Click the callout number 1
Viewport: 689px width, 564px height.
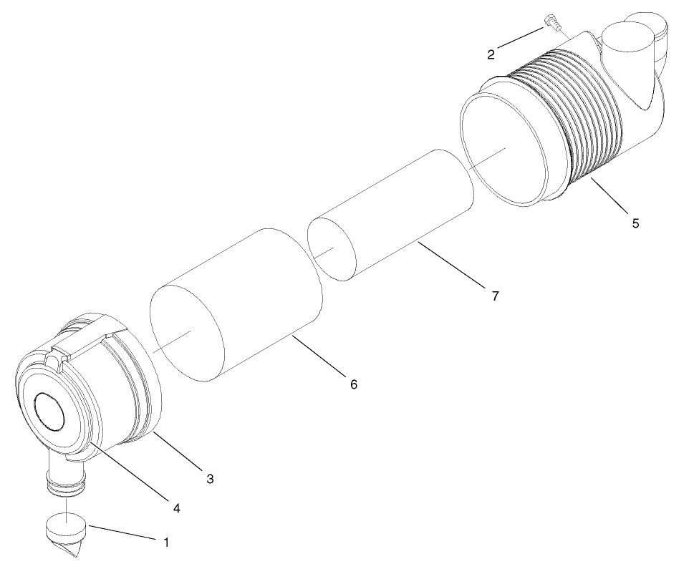(166, 543)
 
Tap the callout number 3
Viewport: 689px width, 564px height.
(210, 478)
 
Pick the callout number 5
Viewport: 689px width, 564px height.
(635, 223)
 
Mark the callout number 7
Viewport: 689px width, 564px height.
(495, 294)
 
